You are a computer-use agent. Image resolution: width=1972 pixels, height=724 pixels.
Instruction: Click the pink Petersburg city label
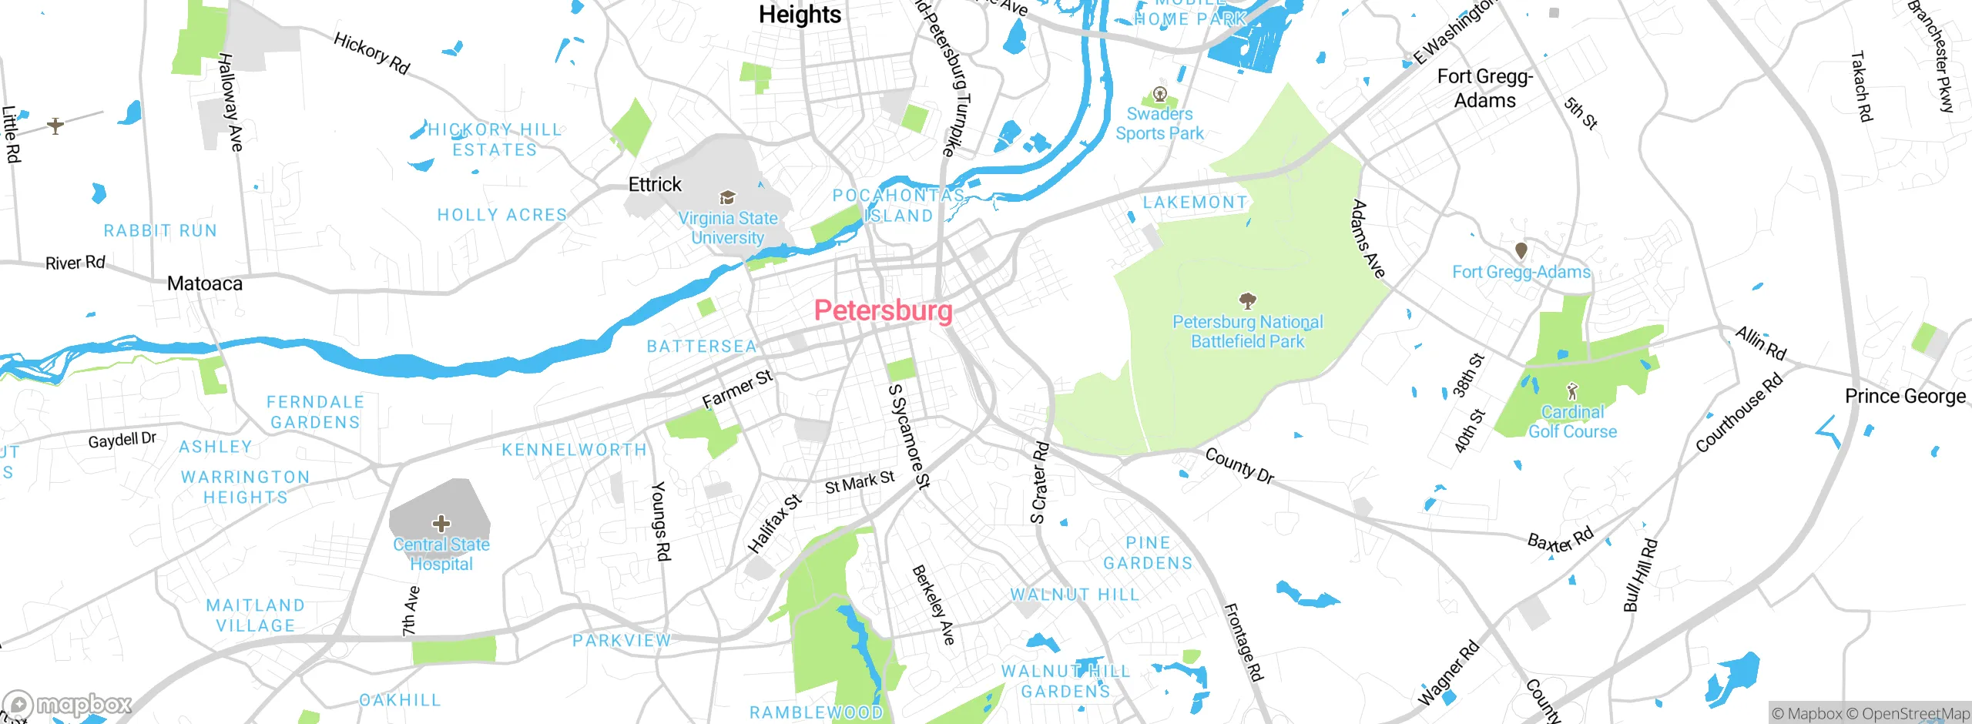(x=883, y=310)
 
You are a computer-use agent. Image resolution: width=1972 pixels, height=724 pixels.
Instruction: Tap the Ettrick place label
(x=655, y=185)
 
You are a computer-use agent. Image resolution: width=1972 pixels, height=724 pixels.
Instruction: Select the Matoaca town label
(x=205, y=283)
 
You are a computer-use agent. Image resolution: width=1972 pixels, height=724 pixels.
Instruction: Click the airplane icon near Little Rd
(x=55, y=125)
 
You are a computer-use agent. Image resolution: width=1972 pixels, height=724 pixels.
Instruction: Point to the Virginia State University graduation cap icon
(x=727, y=198)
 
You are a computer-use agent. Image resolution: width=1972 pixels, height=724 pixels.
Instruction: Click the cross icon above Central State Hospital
(x=441, y=524)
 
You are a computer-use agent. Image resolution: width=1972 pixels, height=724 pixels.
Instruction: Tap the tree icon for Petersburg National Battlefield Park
(x=1247, y=300)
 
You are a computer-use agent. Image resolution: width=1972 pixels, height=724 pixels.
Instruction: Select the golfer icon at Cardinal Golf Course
(x=1572, y=391)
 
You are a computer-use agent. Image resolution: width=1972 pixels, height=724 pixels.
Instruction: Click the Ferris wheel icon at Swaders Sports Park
(x=1159, y=95)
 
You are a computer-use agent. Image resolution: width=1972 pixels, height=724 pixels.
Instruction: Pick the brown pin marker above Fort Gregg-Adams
(x=1521, y=250)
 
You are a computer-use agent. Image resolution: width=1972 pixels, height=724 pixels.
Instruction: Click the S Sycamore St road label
(x=910, y=436)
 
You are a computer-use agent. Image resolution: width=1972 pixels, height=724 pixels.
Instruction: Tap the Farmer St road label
(x=737, y=390)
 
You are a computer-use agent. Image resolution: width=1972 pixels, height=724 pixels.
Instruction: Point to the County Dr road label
(x=1239, y=466)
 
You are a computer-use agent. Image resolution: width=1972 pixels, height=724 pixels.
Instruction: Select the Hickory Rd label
(x=371, y=53)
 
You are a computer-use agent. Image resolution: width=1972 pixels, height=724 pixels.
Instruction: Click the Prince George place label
(x=1905, y=397)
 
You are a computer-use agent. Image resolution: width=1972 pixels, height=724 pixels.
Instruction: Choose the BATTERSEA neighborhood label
(x=702, y=347)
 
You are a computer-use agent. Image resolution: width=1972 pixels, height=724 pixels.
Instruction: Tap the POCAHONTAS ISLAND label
(x=898, y=206)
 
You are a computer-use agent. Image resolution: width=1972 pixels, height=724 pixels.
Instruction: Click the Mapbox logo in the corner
(x=68, y=704)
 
